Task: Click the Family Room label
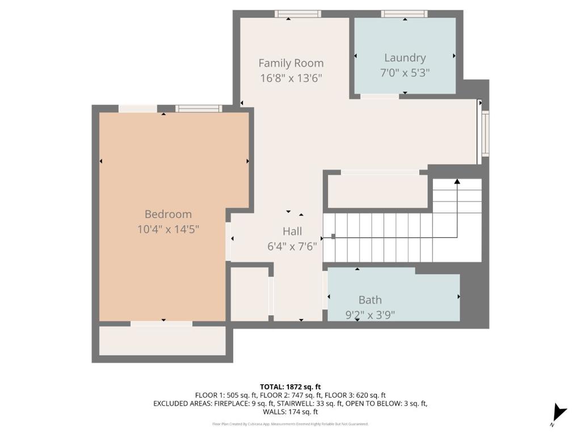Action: pos(291,63)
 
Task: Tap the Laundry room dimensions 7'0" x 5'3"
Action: pos(405,73)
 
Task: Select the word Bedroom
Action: pos(168,214)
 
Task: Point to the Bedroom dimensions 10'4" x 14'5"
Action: pos(168,229)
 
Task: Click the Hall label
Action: pos(292,231)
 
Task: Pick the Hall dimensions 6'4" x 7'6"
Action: pos(292,246)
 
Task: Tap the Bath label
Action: pos(370,300)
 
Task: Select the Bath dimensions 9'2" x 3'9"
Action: pos(370,315)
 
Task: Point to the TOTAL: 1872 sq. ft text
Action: pos(290,386)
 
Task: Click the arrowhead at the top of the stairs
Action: pos(457,182)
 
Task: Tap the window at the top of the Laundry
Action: pos(404,14)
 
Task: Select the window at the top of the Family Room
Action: pos(298,14)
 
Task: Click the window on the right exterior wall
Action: pos(485,133)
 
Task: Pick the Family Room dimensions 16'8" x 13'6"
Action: pos(291,78)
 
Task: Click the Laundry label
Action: pos(405,57)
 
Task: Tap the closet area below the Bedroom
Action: pos(162,341)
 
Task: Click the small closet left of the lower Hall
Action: pos(249,294)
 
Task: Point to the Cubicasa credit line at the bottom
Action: pos(290,424)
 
